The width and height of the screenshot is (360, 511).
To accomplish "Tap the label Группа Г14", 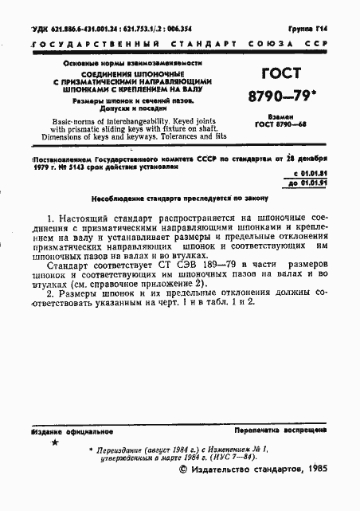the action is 319,28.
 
